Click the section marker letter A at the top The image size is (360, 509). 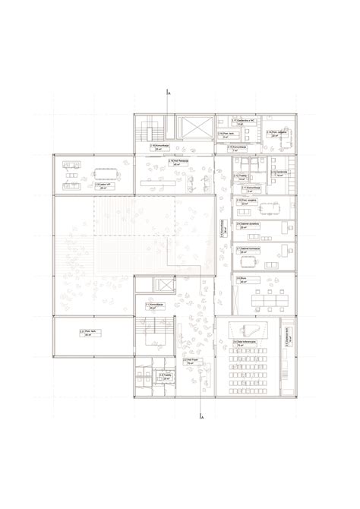[x=169, y=92]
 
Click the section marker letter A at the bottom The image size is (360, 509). [x=202, y=418]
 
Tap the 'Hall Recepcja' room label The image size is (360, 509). [x=176, y=162]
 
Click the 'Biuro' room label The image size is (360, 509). [x=242, y=279]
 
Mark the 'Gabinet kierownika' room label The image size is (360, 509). [x=247, y=249]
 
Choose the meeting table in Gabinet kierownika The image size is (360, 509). [x=248, y=261]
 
